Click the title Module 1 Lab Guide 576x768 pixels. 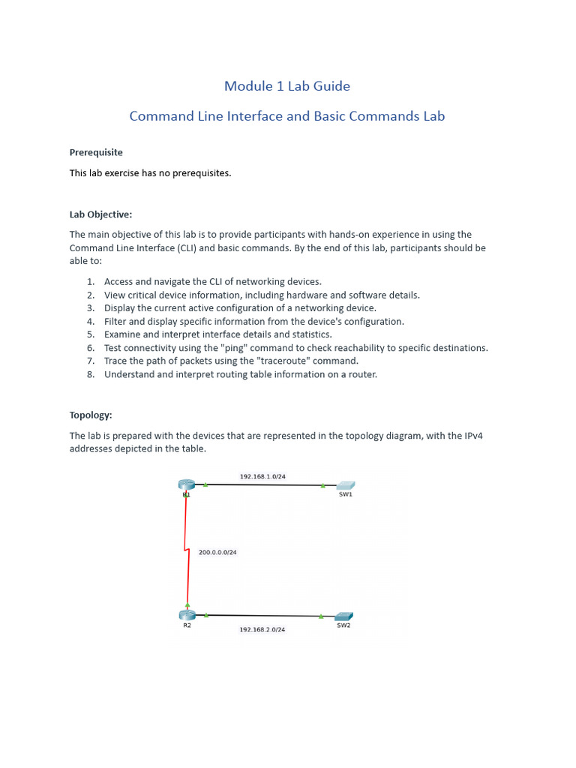pos(286,86)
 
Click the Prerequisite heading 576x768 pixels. pos(96,152)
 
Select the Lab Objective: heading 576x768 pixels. pos(100,214)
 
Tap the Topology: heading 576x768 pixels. pos(91,415)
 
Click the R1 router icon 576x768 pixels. pos(186,485)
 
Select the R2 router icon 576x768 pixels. pos(187,615)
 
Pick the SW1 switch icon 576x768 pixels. pos(345,486)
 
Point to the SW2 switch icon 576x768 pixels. pos(343,616)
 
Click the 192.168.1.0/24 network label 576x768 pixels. pos(262,476)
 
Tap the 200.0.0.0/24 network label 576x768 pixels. pos(217,552)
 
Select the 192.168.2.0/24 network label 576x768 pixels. pos(262,629)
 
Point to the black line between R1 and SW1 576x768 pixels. pos(262,485)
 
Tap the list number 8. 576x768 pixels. pos(90,374)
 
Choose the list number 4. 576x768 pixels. pos(90,321)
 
